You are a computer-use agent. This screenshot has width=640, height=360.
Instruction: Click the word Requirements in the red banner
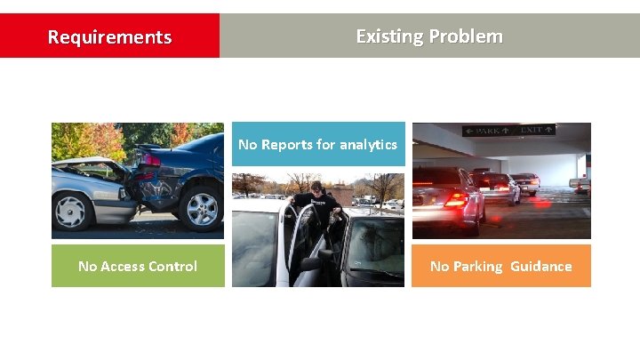109,37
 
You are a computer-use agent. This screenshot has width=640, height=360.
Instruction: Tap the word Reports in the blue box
285,144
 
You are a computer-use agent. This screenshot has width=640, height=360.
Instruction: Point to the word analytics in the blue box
366,144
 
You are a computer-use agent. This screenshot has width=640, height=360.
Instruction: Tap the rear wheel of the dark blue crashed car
202,204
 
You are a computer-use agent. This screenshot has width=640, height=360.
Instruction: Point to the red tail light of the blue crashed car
152,161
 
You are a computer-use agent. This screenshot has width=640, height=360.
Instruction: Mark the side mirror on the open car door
310,263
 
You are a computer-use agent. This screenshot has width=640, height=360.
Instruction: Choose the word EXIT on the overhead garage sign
532,130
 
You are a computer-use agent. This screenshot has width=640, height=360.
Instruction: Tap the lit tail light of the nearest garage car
455,200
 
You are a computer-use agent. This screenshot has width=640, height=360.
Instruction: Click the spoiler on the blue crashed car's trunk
151,147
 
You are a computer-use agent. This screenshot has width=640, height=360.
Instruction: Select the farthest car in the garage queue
526,181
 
